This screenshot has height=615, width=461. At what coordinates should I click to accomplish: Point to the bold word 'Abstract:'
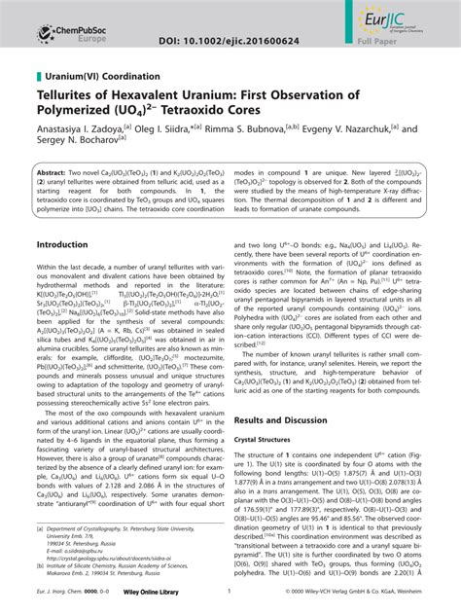pos(55,169)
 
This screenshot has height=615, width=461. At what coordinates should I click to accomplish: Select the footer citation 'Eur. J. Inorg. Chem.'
pos(59,602)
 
